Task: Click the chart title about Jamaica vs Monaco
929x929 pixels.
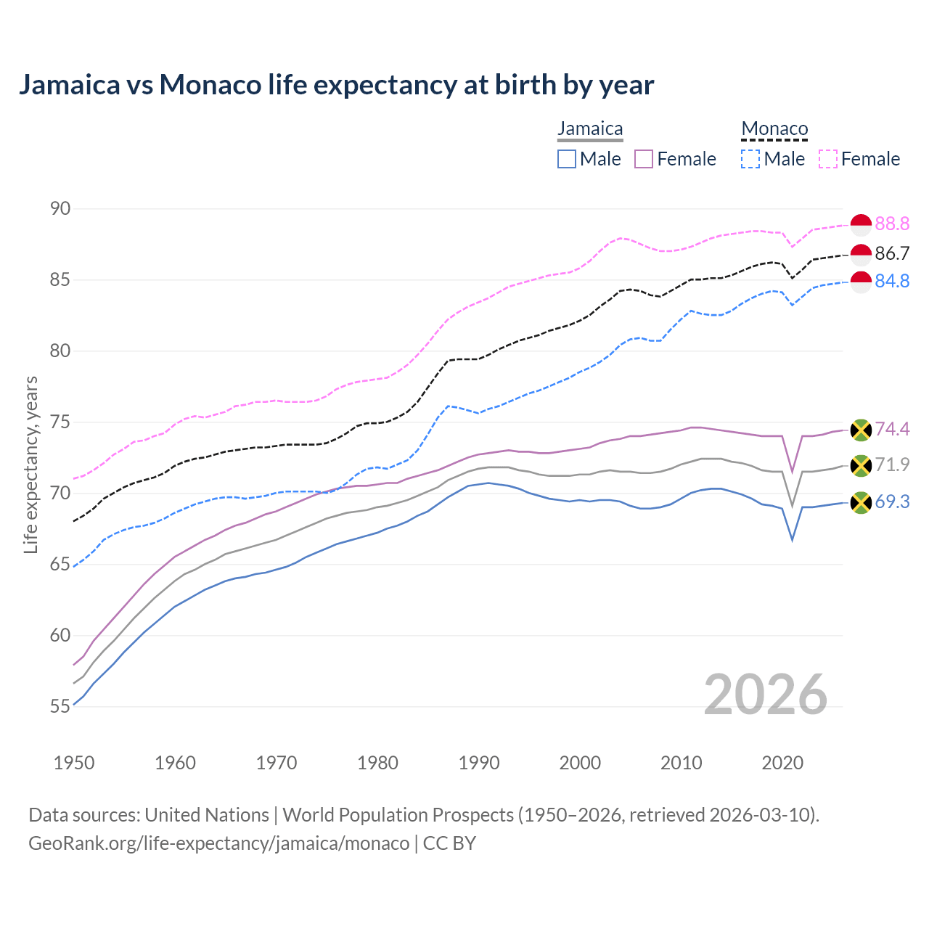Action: tap(336, 85)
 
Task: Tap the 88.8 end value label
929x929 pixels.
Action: tap(892, 224)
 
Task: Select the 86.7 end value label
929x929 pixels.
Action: tap(892, 253)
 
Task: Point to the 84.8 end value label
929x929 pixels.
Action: tap(892, 281)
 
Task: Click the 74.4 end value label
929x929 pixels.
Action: tap(892, 429)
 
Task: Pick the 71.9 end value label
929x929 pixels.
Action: tap(892, 464)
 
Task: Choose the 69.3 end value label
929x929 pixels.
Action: tap(892, 502)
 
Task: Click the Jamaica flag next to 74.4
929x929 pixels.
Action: tap(861, 430)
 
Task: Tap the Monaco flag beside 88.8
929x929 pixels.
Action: tap(861, 225)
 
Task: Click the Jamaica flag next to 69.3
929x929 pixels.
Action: tap(861, 502)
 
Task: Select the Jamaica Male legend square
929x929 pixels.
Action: tap(567, 159)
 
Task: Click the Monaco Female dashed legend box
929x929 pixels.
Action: tap(828, 159)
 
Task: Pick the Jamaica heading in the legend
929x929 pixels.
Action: tap(590, 128)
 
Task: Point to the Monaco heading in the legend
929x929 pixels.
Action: tap(774, 129)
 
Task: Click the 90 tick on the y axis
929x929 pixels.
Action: tap(60, 209)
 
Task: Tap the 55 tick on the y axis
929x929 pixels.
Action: tap(60, 706)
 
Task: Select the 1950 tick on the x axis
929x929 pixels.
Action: tap(74, 763)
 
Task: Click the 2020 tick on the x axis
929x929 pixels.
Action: tap(782, 763)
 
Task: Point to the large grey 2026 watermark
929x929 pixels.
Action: tap(765, 695)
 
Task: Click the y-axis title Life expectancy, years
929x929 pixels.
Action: tap(31, 464)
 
